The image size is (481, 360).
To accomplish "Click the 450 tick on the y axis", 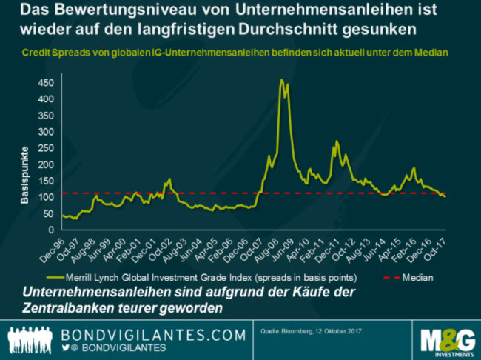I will (46, 81).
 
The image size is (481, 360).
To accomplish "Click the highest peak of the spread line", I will (281, 79).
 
